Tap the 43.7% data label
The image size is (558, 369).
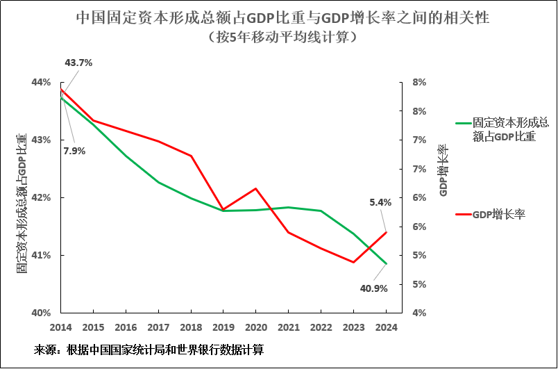tap(78, 63)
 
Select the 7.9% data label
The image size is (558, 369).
tap(74, 151)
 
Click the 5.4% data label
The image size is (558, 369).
tap(380, 202)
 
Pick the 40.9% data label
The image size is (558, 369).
tap(373, 288)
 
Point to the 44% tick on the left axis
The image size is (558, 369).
tap(41, 82)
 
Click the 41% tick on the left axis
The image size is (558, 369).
tap(41, 255)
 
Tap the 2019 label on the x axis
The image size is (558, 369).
tap(223, 327)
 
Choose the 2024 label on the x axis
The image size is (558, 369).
tap(385, 327)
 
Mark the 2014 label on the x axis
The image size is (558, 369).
tap(61, 327)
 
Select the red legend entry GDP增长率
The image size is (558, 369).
tap(498, 215)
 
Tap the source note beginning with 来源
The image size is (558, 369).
tap(149, 350)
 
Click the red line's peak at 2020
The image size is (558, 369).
tap(256, 188)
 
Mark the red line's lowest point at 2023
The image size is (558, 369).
tap(353, 262)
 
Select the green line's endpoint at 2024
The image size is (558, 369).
tap(386, 264)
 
